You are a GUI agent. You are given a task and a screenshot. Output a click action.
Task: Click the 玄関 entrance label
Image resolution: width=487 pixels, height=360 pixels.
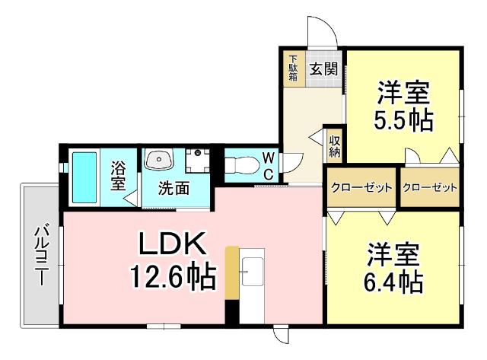tap(323, 69)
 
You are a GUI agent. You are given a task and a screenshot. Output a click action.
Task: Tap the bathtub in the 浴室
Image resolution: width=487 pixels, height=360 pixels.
tap(83, 177)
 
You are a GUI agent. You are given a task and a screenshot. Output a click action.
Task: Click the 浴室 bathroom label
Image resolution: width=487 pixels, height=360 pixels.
tap(118, 175)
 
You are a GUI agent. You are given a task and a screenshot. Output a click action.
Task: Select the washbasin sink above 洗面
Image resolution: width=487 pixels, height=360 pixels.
tap(160, 160)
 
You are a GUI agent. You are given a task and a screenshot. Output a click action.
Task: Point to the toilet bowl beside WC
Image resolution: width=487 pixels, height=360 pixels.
tap(242, 164)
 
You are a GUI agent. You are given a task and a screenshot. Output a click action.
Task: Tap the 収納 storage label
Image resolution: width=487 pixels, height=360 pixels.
tap(334, 145)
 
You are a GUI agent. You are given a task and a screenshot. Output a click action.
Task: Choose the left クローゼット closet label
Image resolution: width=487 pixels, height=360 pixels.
tap(361, 187)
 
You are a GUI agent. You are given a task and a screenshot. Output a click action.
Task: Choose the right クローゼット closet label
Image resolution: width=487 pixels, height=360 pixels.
tap(430, 187)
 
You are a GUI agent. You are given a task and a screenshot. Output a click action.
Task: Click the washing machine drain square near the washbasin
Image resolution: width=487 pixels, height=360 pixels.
tap(198, 154)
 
